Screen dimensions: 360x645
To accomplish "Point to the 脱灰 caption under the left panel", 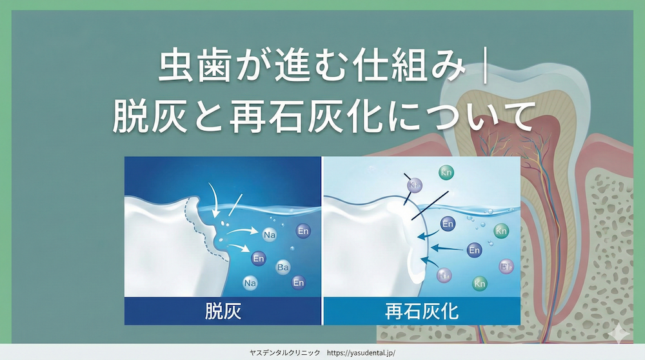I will (221, 312).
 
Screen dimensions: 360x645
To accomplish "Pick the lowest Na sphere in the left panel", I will (250, 282).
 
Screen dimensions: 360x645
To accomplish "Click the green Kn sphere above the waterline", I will (446, 172).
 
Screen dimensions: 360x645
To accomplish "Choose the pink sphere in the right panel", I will (507, 266).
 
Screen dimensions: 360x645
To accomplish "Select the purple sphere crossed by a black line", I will (414, 185).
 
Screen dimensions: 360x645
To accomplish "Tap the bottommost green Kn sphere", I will (479, 283).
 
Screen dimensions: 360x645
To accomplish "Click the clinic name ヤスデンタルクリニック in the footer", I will (284, 353).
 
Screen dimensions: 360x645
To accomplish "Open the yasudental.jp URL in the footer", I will (361, 353).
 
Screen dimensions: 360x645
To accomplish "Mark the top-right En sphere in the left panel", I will (303, 230).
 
